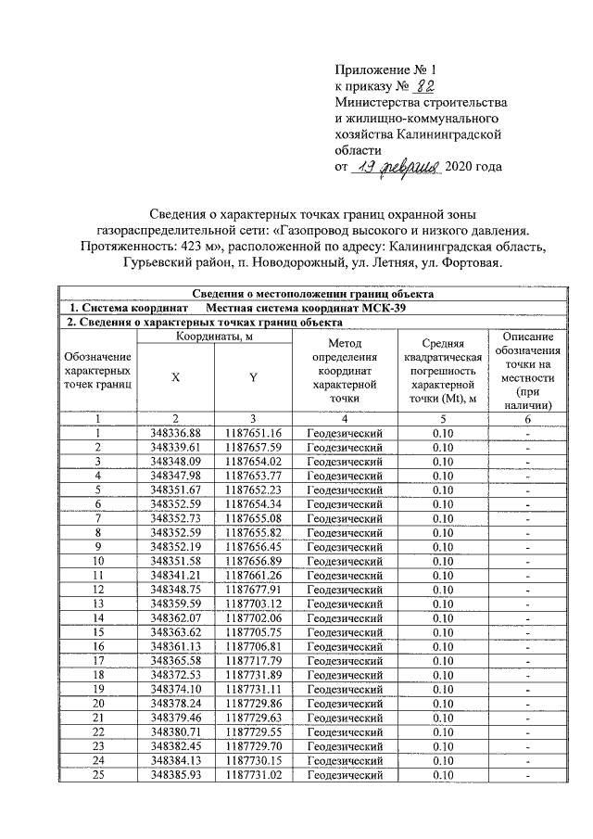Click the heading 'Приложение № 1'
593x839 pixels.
[x=384, y=70]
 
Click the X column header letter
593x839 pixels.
[x=175, y=377]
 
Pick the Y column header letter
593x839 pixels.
[x=253, y=377]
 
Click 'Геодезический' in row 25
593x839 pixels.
[x=344, y=774]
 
